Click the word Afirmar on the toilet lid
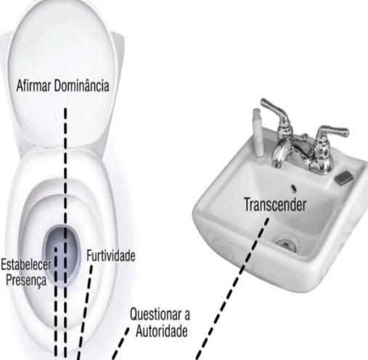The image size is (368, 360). pos(33,86)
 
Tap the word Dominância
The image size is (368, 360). pos(82,85)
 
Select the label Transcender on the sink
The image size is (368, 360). pos(275,205)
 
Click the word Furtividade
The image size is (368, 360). pos(111,255)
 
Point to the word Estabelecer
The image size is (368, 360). pos(26,265)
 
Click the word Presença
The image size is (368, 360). pos(26,280)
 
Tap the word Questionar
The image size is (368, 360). pos(155,314)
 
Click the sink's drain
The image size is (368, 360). pos(286,244)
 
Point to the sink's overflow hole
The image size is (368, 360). pos(294,188)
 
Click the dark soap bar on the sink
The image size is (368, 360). pos(344,178)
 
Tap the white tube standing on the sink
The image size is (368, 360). pos(258,132)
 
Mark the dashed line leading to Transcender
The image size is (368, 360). pos(232,289)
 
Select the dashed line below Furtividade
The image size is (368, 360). pos(85,313)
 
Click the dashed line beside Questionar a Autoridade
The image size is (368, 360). pos(120,344)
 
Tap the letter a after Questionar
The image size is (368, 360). pos(187,316)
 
